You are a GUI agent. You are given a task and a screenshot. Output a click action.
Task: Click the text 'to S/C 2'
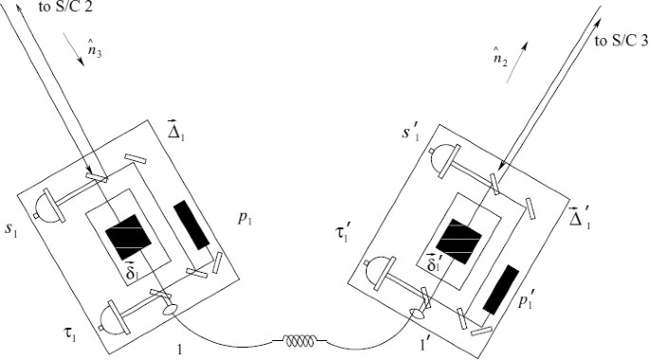tap(65, 8)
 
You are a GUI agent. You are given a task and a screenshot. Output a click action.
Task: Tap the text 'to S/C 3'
tap(621, 41)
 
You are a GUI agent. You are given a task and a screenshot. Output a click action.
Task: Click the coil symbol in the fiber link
tap(299, 340)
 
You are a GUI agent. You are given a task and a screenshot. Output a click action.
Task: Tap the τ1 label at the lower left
tap(68, 333)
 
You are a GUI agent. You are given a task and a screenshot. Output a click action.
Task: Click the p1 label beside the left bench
tap(245, 219)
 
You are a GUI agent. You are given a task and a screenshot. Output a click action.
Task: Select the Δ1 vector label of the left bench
tap(175, 130)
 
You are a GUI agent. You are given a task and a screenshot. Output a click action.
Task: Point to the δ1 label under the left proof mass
tap(131, 271)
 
